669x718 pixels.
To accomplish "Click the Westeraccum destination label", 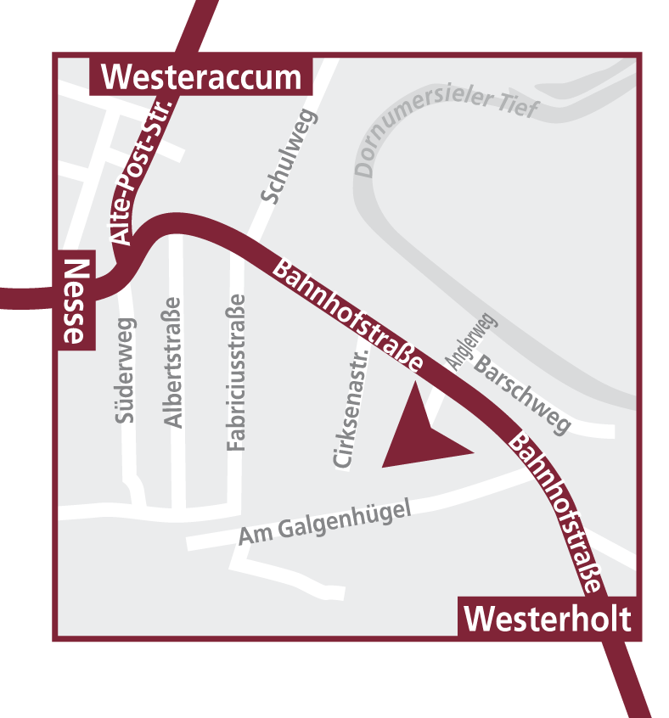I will [x=201, y=78].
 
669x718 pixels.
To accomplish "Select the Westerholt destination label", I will [x=548, y=618].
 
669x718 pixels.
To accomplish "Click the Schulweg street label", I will [x=288, y=158].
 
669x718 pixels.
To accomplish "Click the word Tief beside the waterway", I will [x=519, y=108].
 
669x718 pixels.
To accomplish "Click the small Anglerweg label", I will [x=471, y=339].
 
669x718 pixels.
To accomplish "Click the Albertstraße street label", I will [x=172, y=362].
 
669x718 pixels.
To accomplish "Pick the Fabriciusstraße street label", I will [x=236, y=372].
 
